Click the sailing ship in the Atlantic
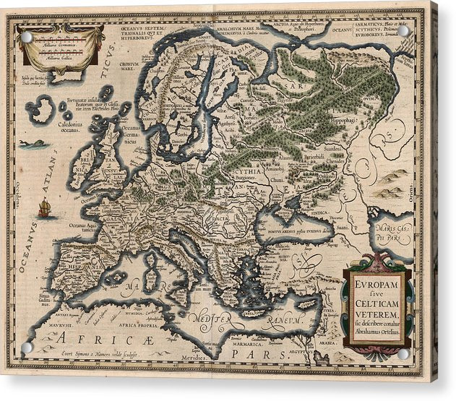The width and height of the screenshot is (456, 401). coord(45,209)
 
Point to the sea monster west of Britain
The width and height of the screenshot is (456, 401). coord(34,145)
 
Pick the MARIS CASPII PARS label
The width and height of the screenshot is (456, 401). coord(397,233)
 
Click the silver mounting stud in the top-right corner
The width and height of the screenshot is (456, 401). coord(403,31)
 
